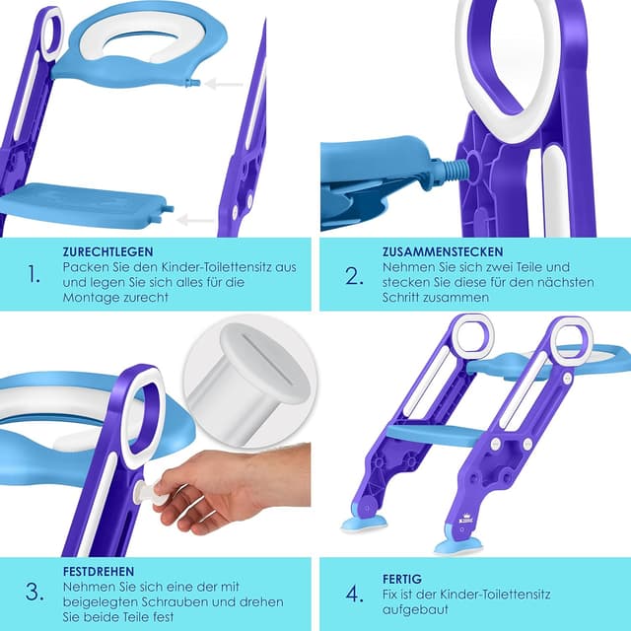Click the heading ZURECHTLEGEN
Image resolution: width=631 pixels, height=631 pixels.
pyautogui.click(x=107, y=252)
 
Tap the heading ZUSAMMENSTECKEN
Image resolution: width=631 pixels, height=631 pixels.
pyautogui.click(x=443, y=252)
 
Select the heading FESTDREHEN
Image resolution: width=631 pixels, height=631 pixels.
pyautogui.click(x=99, y=572)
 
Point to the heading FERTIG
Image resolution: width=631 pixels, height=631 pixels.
pyautogui.click(x=402, y=579)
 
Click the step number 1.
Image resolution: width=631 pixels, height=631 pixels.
pyautogui.click(x=34, y=274)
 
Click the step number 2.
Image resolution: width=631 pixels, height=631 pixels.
pyautogui.click(x=354, y=276)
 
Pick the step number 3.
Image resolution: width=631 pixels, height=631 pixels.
pyautogui.click(x=35, y=593)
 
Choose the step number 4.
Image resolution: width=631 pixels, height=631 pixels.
pyautogui.click(x=355, y=594)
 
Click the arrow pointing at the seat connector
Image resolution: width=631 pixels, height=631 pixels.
pyautogui.click(x=224, y=84)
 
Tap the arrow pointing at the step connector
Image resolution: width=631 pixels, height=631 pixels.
pyautogui.click(x=195, y=220)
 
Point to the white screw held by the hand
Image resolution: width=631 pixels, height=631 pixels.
pyautogui.click(x=152, y=494)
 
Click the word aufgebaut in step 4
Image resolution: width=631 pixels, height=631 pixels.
pyautogui.click(x=415, y=610)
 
